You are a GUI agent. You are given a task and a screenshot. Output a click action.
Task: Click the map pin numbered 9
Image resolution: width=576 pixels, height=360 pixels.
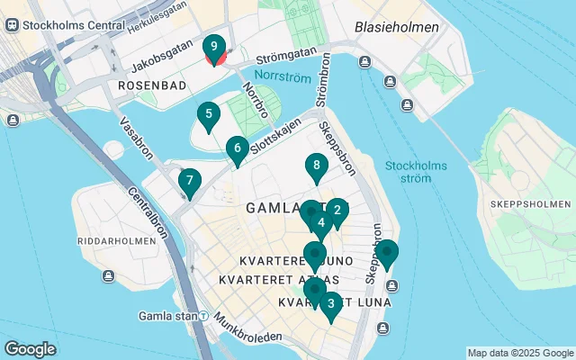coord(214,48)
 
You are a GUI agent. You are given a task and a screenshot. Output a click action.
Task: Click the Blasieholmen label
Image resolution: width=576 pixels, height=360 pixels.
coord(397,27)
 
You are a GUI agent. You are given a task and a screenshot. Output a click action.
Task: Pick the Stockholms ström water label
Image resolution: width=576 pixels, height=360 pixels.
coord(410,171)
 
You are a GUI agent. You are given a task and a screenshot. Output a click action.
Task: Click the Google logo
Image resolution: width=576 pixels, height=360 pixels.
coord(30,349)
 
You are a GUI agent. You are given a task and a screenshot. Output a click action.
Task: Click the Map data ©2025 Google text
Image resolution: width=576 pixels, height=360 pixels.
coord(520,353)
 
